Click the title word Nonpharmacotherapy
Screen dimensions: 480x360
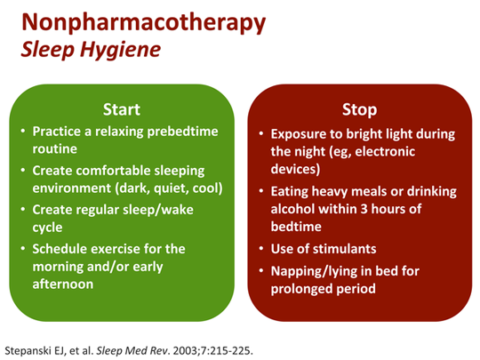144,22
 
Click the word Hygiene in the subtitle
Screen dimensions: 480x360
120,50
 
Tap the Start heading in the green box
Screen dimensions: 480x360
122,109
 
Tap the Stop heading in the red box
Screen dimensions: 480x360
359,109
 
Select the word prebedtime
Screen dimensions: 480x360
183,132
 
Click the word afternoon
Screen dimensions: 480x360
63,284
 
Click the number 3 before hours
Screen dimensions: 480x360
364,209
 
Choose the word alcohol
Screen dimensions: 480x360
293,209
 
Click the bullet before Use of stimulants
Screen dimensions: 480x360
261,249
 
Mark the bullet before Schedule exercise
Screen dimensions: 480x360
23,249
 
